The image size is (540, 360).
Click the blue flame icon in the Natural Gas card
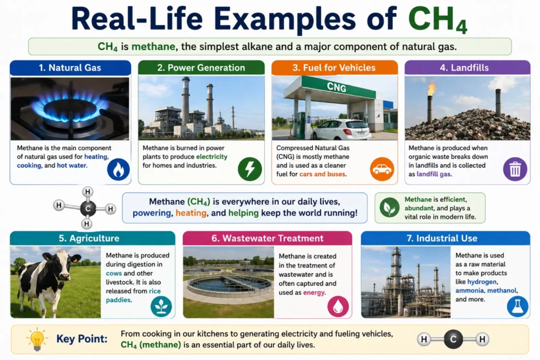click(119, 169)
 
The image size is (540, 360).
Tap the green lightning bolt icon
click(249, 169)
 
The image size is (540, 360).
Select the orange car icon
click(382, 169)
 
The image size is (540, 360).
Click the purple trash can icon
click(515, 169)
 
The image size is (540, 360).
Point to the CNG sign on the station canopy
click(336, 87)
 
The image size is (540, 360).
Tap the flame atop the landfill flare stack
click(431, 89)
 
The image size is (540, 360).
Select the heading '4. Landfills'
click(464, 67)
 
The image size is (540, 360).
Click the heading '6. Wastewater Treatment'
click(267, 238)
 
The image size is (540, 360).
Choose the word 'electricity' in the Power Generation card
click(212, 157)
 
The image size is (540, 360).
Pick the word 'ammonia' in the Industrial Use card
click(469, 290)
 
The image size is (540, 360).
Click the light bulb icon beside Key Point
click(37, 339)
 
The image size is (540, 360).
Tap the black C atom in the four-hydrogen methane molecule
click(88, 208)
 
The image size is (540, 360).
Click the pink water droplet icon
click(338, 306)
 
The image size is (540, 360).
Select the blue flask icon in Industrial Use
click(517, 307)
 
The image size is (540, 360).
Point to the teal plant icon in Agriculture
click(161, 306)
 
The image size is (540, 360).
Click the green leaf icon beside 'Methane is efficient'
click(389, 208)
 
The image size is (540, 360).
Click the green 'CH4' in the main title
click(438, 20)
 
